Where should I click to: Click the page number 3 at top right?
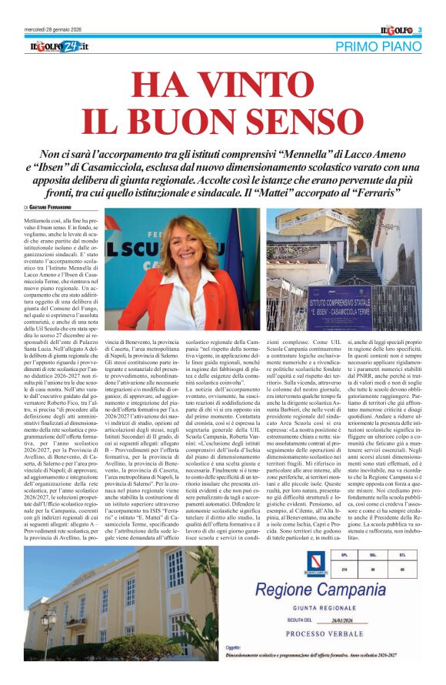pyautogui.click(x=420, y=30)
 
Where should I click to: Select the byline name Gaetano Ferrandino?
pyautogui.click(x=58, y=208)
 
